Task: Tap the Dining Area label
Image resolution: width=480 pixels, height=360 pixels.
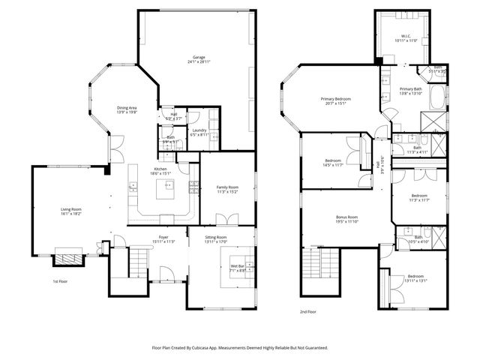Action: pyautogui.click(x=126, y=109)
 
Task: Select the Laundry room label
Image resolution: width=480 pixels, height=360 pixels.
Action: pyautogui.click(x=199, y=132)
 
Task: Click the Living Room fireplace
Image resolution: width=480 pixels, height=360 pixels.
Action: pyautogui.click(x=68, y=259)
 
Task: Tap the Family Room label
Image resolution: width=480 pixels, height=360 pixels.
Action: pyautogui.click(x=227, y=188)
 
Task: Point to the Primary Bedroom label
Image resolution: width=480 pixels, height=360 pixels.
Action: pyautogui.click(x=336, y=100)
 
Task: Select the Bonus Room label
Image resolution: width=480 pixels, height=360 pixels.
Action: pyautogui.click(x=346, y=219)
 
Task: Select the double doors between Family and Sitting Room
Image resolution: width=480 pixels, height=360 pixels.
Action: pyautogui.click(x=225, y=220)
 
